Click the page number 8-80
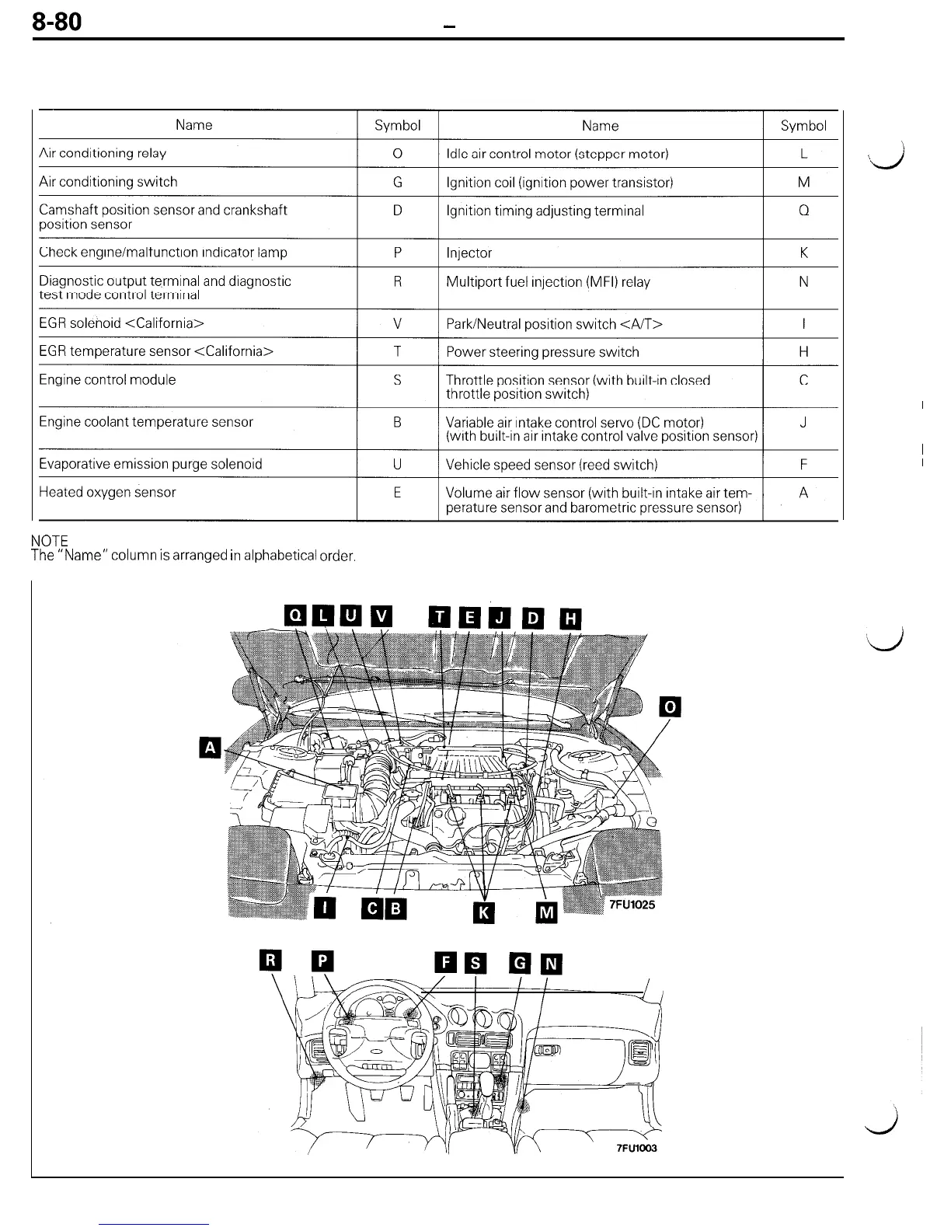point(57,22)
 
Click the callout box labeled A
point(210,748)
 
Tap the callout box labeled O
point(670,706)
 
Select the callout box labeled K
point(483,912)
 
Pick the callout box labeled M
point(547,912)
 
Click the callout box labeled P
point(322,961)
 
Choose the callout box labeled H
point(571,618)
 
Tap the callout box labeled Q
point(295,615)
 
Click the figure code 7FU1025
point(632,905)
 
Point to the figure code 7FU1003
point(636,1148)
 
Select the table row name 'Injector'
point(469,253)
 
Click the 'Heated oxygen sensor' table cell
point(108,492)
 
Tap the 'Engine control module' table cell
point(108,380)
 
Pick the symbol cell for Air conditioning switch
point(397,182)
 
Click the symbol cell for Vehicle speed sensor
point(803,465)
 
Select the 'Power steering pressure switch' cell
point(542,352)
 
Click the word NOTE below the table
point(50,540)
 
